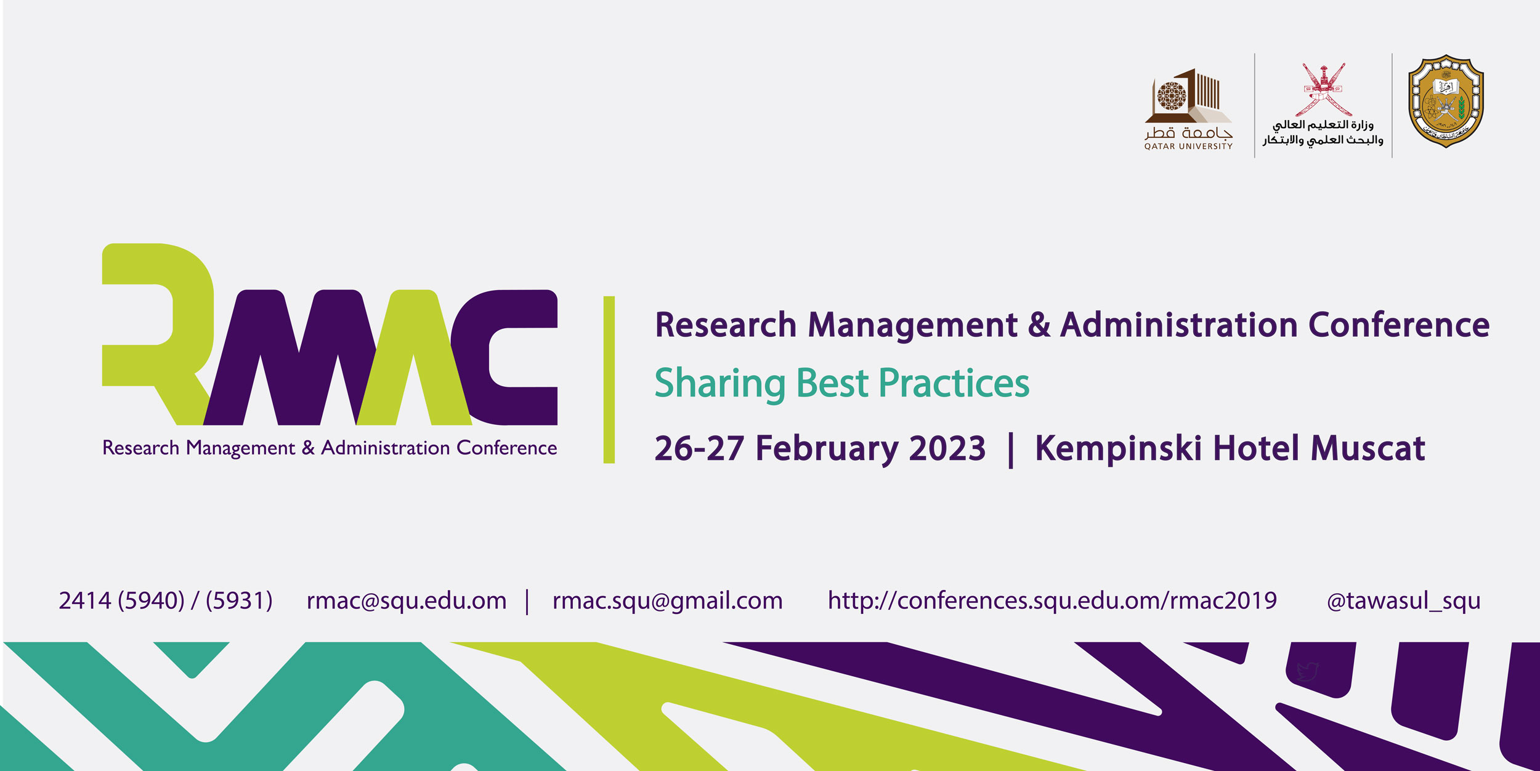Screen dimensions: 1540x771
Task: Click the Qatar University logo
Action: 1188,109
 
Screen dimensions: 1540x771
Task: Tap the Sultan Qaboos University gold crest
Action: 1446,101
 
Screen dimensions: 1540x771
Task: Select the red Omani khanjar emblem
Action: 1323,90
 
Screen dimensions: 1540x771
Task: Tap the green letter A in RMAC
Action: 414,357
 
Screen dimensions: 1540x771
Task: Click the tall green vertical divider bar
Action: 609,379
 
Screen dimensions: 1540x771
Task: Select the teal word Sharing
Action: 719,384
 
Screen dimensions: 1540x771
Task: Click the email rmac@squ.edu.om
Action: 407,601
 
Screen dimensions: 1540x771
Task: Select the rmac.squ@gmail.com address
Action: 668,601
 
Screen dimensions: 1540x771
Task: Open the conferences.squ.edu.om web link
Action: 1052,601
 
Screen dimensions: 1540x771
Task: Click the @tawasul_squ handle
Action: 1403,601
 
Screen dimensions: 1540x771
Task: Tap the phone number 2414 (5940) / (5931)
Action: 166,601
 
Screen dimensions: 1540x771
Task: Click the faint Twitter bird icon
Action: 1308,671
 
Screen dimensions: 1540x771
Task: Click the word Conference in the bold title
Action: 1399,325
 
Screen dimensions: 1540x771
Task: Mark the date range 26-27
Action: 699,448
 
